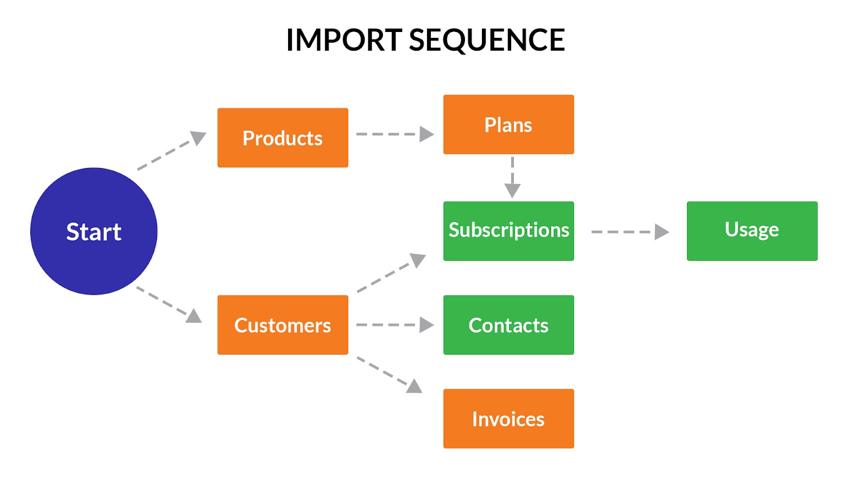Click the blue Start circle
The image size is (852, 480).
point(94,231)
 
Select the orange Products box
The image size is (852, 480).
point(283,138)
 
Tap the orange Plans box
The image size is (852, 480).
point(509,125)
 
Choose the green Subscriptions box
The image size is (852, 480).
point(509,231)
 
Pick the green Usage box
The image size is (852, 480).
point(752,231)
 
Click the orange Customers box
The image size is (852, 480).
point(283,325)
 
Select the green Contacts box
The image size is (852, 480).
point(509,325)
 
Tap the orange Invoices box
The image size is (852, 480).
point(509,419)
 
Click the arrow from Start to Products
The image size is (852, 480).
point(171,150)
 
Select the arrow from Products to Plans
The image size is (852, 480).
point(395,134)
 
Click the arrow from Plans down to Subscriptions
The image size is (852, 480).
point(512,178)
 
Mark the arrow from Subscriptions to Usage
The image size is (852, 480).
point(630,231)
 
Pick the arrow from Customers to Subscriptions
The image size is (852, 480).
point(391,273)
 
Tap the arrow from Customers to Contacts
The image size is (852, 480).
point(395,325)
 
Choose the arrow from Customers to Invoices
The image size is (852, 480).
point(390,375)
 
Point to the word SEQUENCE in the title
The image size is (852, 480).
point(487,41)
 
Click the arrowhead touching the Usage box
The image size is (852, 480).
point(662,231)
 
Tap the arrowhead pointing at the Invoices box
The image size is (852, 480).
point(415,386)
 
